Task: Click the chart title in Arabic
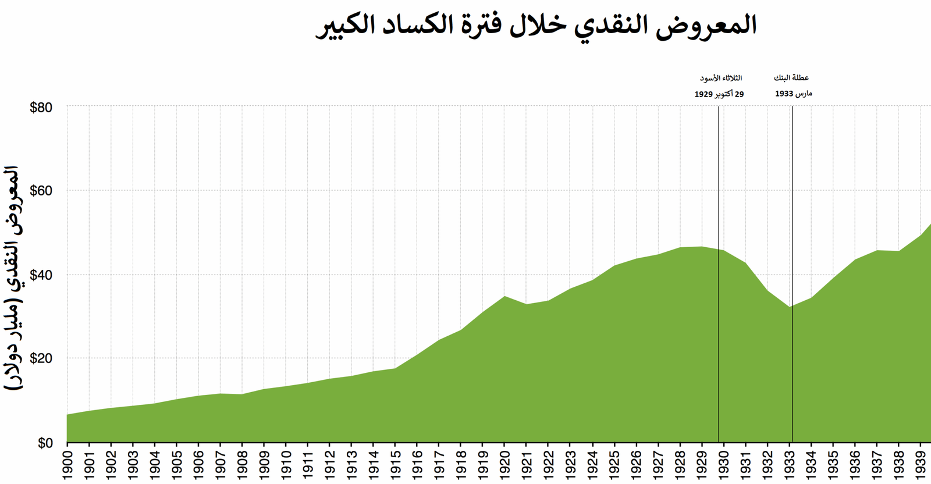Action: click(x=536, y=26)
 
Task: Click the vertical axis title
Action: click(x=13, y=278)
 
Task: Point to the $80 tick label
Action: click(x=41, y=108)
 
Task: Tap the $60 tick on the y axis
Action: click(x=41, y=191)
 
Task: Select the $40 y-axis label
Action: click(x=41, y=275)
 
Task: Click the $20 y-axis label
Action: click(x=41, y=358)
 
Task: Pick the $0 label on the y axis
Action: click(x=45, y=443)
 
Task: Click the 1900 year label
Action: click(x=67, y=464)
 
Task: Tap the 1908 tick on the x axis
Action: click(x=243, y=464)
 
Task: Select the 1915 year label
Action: click(x=396, y=464)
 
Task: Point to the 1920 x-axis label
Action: click(x=505, y=464)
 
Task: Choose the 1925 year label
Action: click(x=614, y=464)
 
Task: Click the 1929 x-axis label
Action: click(x=702, y=464)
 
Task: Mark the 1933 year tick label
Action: click(x=790, y=464)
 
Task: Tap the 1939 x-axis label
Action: click(x=921, y=464)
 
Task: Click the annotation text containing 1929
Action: click(x=719, y=94)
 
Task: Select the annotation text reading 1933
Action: click(x=793, y=93)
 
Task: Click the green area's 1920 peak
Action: click(x=505, y=297)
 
